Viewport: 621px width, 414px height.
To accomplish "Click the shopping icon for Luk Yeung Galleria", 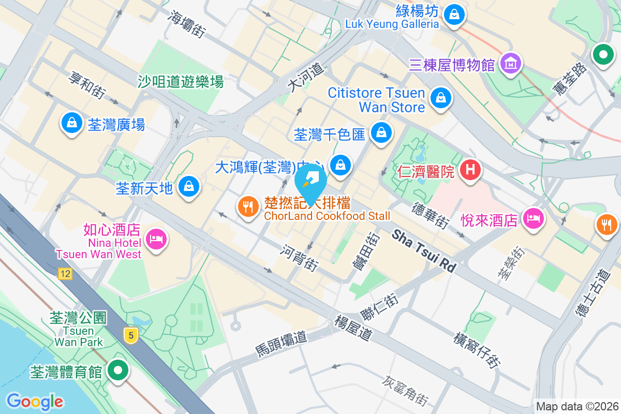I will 454,12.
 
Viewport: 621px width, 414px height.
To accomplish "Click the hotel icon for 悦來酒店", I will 533,219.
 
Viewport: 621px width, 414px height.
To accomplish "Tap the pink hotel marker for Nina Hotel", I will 155,239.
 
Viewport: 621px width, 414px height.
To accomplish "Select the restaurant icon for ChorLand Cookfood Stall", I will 248,207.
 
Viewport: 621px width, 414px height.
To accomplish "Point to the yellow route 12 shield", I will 65,274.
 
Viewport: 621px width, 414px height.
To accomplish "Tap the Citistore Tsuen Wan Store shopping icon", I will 441,97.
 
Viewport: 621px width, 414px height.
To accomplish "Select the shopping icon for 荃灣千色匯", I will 381,133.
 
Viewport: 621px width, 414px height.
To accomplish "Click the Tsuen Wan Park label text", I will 79,336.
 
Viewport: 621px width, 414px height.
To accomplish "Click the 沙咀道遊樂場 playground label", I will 180,81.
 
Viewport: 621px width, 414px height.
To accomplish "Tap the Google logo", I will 35,401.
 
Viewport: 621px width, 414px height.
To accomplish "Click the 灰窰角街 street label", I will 406,390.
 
